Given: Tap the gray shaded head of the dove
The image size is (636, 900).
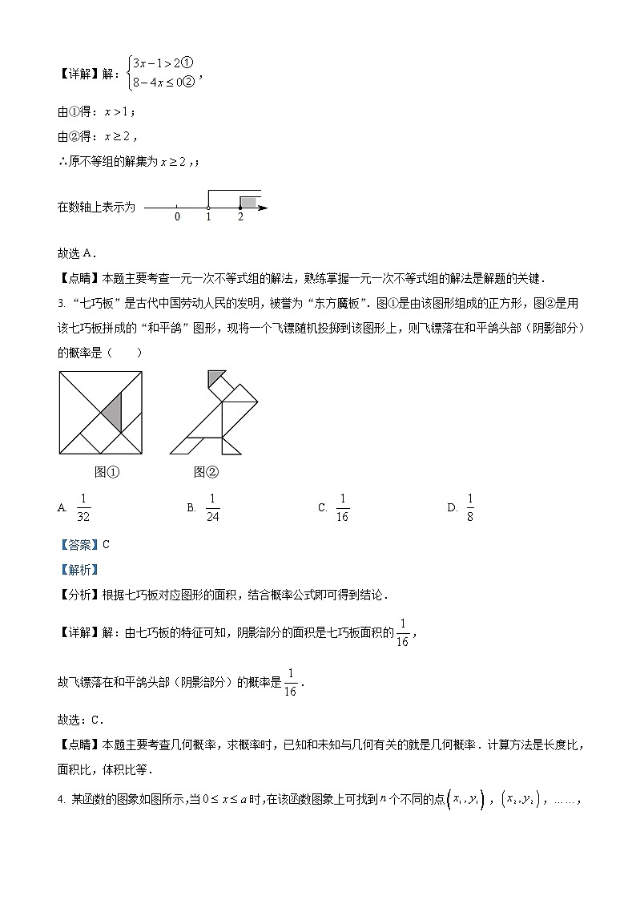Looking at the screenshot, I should (214, 377).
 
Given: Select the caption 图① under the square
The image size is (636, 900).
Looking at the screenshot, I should (107, 472).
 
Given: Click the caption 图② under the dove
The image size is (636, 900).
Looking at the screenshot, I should (206, 472).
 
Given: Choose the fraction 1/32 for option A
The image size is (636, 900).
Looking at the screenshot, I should (83, 507).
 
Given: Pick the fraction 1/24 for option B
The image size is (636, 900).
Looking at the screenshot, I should (212, 507).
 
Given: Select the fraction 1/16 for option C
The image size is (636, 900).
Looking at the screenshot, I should (342, 507).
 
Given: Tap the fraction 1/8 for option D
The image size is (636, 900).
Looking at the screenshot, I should (470, 507).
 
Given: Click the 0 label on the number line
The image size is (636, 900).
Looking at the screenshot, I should (177, 217).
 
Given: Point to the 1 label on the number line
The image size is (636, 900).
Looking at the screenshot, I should (208, 217).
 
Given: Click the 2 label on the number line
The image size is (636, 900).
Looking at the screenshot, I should (240, 217).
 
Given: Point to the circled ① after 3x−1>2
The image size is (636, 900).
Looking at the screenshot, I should (189, 63).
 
